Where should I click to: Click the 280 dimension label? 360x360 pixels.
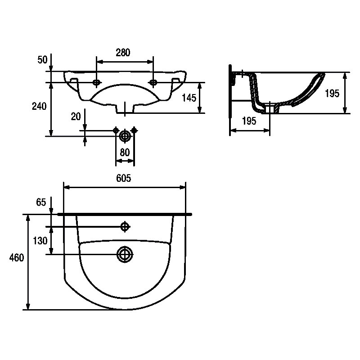coord(123,53)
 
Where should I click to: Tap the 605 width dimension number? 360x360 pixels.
coord(123,178)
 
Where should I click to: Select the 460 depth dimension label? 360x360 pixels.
coord(17,257)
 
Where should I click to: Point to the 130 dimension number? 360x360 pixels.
coord(40,241)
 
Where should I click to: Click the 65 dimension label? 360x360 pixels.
coord(41,202)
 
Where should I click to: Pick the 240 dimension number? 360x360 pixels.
coord(39,106)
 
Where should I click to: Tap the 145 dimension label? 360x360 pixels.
coord(189,98)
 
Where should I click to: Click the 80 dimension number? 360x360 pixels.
coord(125,152)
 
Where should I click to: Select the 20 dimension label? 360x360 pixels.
coord(76,117)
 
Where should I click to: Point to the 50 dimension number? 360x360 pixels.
coord(42,60)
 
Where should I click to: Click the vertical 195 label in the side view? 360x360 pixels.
coord(332,94)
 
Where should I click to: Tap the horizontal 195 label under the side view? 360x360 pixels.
coord(249,121)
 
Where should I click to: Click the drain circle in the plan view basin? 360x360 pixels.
coord(125,254)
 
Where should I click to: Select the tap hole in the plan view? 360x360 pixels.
coord(125,227)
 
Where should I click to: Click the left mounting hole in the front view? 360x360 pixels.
coord(96,82)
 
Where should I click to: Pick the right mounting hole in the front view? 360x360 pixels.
coord(153,82)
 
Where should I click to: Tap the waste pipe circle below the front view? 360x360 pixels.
coord(125,136)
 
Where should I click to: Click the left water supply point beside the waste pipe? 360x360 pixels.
coord(116,130)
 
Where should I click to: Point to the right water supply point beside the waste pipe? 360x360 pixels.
coord(134,130)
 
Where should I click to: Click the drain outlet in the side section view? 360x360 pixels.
coord(270,108)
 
